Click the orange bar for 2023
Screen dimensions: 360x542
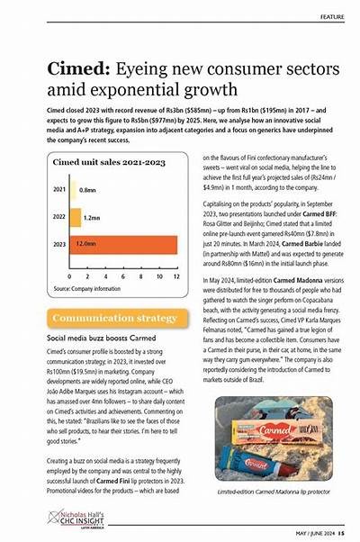tap(123, 243)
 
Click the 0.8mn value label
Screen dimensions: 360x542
tap(87, 190)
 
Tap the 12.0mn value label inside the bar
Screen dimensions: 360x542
tap(87, 243)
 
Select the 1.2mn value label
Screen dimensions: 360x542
tap(91, 217)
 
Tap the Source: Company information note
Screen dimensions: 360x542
tap(86, 288)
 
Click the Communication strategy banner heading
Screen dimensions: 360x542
tap(114, 318)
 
